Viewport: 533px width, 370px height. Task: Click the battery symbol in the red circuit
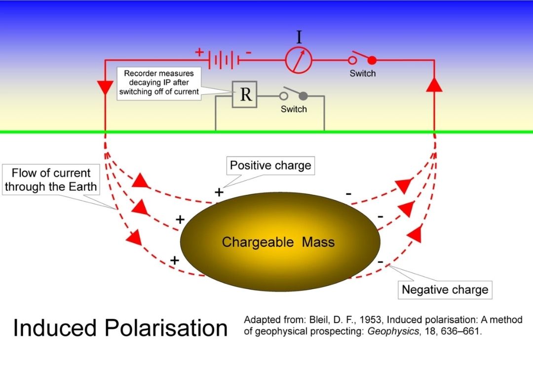(x=225, y=60)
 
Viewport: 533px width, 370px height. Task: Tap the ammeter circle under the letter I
(x=299, y=60)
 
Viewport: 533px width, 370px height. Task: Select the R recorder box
(x=245, y=94)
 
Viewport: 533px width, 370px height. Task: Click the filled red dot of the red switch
(x=372, y=60)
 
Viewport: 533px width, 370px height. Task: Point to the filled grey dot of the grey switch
(x=303, y=95)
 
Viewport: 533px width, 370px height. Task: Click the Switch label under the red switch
(x=362, y=74)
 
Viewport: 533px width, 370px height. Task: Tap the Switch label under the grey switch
(x=294, y=109)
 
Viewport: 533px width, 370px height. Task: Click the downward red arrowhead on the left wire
(x=106, y=87)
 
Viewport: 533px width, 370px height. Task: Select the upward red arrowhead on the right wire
(x=434, y=84)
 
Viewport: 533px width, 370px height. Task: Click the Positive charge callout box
(x=270, y=165)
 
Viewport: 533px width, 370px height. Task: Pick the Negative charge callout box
(x=445, y=290)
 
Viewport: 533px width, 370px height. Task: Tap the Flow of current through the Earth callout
(x=51, y=180)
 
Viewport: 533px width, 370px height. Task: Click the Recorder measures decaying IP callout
(x=159, y=82)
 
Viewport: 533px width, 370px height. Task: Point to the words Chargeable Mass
(x=278, y=242)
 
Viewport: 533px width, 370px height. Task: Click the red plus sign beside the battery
(x=199, y=52)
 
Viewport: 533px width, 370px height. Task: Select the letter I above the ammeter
(x=299, y=37)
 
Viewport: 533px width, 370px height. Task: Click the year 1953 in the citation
(x=336, y=320)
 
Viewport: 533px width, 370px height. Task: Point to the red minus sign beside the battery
(x=248, y=52)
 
